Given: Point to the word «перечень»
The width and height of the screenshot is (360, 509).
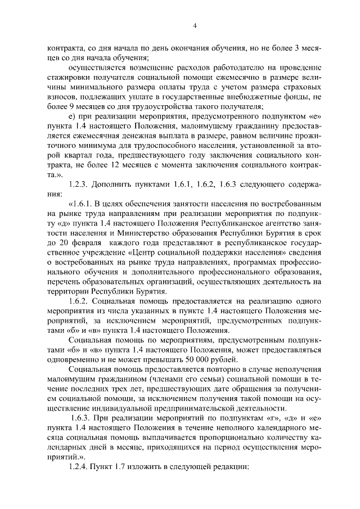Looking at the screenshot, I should pyautogui.click(x=65, y=280).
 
